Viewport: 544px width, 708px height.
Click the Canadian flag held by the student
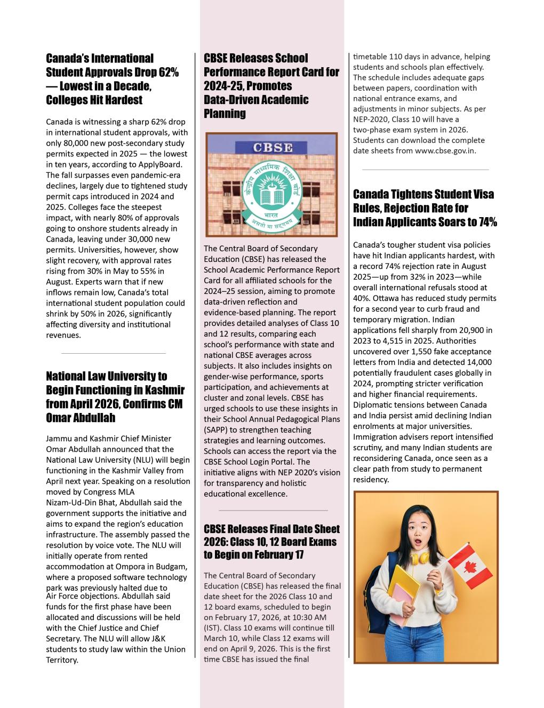point(469,567)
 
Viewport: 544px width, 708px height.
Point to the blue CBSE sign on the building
point(272,147)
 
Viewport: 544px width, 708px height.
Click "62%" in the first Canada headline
point(169,72)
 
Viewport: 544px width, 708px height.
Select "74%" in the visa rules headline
point(487,222)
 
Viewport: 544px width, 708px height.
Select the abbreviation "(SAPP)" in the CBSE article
point(216,430)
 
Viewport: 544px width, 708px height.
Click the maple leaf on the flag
point(470,567)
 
